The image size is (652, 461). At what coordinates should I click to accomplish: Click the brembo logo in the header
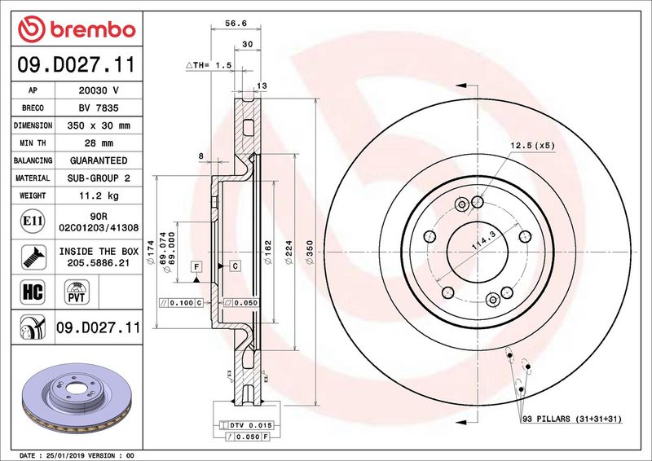pos(77,29)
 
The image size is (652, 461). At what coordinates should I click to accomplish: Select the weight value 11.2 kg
pos(99,195)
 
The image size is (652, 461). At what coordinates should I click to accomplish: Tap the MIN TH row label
pos(33,143)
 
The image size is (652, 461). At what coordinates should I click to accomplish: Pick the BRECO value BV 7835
pos(99,108)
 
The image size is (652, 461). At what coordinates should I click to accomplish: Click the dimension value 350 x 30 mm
pos(99,125)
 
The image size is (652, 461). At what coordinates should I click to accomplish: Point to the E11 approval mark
pos(33,221)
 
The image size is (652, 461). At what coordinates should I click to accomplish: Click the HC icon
pos(33,292)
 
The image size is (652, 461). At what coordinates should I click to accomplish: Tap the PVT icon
pos(77,292)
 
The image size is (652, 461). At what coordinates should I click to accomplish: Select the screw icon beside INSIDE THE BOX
pos(33,257)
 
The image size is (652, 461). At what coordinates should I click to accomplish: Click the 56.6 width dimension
pos(236,24)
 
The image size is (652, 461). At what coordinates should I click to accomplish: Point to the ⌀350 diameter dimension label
pos(310,252)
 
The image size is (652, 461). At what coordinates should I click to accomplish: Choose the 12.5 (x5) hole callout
pos(532,146)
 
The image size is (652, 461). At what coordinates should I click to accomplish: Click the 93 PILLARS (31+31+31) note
pos(572,419)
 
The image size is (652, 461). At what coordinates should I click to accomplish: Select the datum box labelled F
pos(196,266)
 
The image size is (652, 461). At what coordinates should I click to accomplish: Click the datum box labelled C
pos(235,266)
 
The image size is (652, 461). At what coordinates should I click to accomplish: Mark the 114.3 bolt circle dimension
pos(483,241)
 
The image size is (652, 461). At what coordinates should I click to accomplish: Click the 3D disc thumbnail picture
pos(77,397)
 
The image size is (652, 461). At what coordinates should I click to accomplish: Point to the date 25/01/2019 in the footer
pos(64,455)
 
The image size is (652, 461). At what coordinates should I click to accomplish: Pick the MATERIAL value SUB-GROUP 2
pos(99,178)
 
